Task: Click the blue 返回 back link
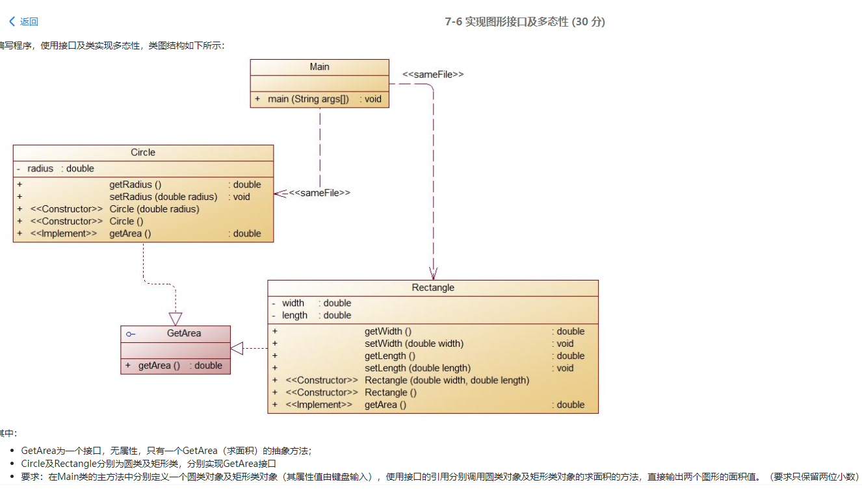pos(24,21)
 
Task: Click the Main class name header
pos(319,67)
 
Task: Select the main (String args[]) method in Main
pos(308,99)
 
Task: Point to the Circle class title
pos(143,152)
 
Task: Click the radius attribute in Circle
pos(40,169)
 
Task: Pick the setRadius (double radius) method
pos(163,197)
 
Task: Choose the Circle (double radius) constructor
pos(154,209)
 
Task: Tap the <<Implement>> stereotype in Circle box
pos(64,234)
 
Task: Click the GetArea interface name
pos(183,333)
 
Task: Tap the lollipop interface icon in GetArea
pos(131,334)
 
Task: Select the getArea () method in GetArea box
pos(159,366)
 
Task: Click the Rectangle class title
pos(433,288)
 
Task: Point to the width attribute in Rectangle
pos(293,303)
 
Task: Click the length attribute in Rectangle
pos(294,316)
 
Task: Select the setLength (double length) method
pos(417,368)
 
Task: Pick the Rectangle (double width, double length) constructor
pos(447,381)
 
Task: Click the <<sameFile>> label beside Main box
pos(433,75)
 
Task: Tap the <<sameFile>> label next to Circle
pos(319,193)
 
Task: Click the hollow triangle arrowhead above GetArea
pos(176,319)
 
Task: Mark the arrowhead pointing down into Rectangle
pos(434,273)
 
